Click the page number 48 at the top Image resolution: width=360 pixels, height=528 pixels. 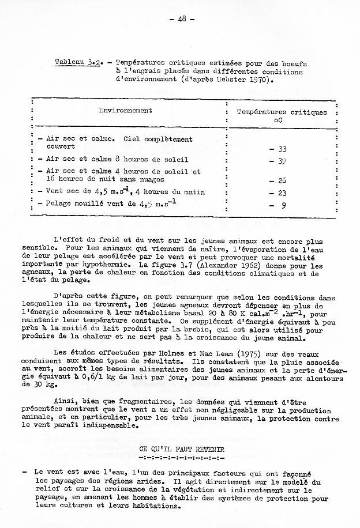click(181, 18)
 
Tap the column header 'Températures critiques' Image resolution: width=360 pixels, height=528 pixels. click(282, 112)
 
